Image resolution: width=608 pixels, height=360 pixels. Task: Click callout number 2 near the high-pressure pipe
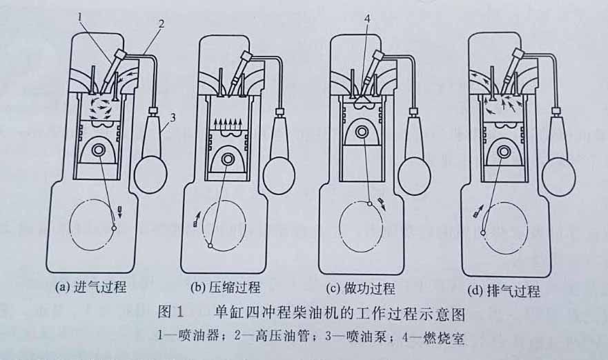(160, 25)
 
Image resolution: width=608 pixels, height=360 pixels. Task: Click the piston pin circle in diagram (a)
(101, 150)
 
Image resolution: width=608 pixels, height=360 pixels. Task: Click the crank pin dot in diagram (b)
(210, 246)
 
